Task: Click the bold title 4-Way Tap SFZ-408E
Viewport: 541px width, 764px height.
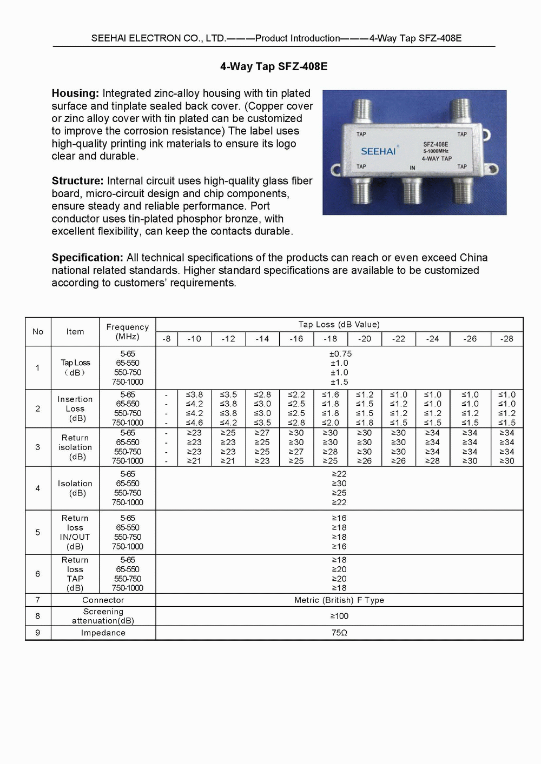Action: pos(274,66)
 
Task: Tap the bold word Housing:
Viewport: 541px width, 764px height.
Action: pos(75,93)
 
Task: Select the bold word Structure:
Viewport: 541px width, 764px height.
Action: pos(77,181)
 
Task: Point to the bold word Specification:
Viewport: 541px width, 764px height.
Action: pos(88,258)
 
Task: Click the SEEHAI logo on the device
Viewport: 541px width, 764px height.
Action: pos(378,151)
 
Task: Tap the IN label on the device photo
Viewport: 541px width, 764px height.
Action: pos(412,168)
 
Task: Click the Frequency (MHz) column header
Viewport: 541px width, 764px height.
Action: pos(128,332)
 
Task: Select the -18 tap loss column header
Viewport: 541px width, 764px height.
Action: pos(330,339)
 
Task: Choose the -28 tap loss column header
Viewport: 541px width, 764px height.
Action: pos(506,339)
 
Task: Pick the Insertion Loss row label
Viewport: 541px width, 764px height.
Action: pos(75,408)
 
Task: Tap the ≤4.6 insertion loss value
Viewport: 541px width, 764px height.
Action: pos(194,423)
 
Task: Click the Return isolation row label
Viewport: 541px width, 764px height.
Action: pos(75,447)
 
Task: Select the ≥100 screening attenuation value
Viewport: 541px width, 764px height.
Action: pos(339,616)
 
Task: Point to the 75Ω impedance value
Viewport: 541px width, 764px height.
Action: pos(339,633)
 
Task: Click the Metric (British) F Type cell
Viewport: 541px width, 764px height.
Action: pos(339,600)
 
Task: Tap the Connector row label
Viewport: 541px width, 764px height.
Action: pos(103,600)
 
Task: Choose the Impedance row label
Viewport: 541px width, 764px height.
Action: pos(103,633)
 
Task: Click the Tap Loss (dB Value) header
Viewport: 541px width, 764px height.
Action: pos(339,325)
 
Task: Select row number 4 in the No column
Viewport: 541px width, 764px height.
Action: pos(38,488)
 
